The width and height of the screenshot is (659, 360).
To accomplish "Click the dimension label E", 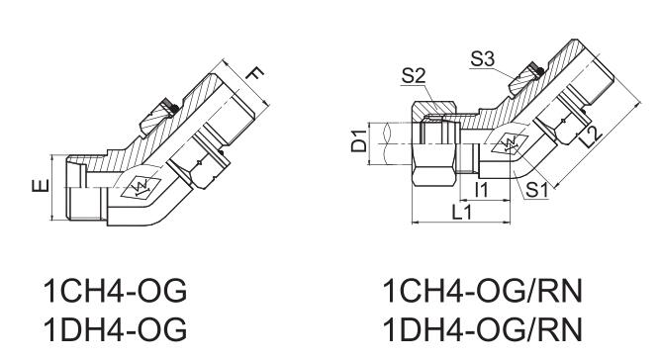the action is point(41,186).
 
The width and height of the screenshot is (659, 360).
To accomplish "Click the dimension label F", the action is point(254,74).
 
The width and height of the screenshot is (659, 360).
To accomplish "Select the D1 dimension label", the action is point(359,141).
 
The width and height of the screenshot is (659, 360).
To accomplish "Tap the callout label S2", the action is point(414,76).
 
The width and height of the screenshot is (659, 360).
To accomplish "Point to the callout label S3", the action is point(483,58).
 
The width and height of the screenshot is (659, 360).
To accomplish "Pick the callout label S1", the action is point(536,190).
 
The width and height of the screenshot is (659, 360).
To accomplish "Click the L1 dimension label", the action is point(462,213).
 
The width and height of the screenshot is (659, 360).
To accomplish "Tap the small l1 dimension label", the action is point(482,190).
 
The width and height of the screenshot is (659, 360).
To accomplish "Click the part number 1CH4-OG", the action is point(115,291).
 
